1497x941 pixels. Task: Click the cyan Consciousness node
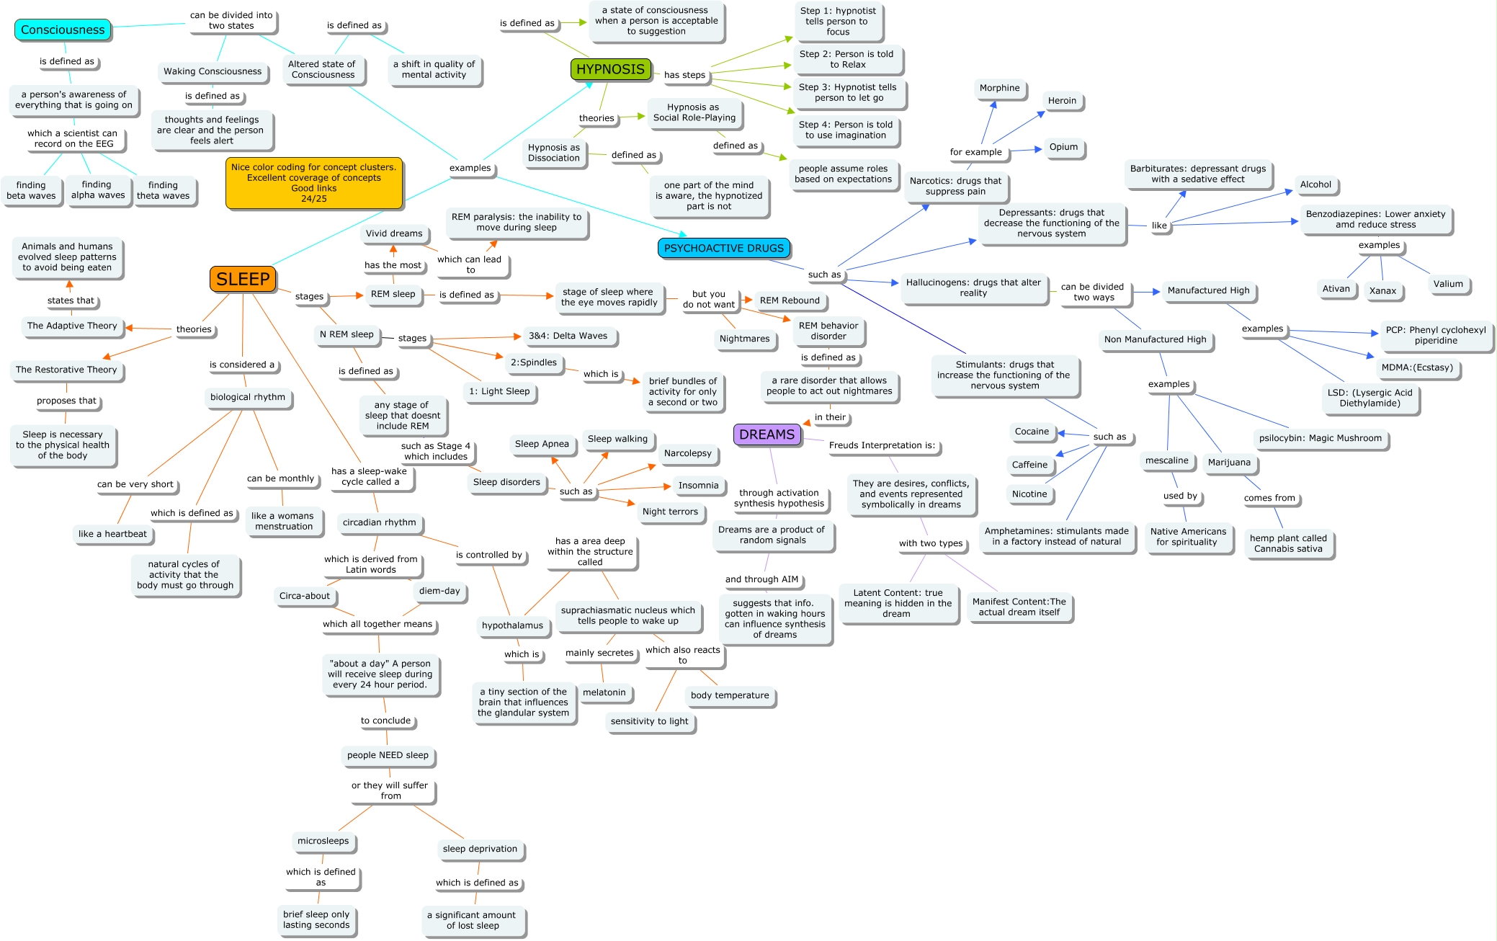tap(63, 30)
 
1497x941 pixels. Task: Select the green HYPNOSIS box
tap(610, 69)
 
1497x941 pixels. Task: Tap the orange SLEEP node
tap(243, 279)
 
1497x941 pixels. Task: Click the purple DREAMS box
tap(767, 434)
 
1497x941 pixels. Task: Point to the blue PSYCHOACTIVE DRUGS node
tap(723, 248)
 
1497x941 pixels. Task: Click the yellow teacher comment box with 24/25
tap(313, 183)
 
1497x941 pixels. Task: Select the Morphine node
tap(999, 88)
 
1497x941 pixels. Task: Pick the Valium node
tap(1447, 284)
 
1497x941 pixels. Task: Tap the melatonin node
tap(604, 692)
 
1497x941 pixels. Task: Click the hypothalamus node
tap(512, 625)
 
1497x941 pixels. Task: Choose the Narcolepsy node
tap(687, 453)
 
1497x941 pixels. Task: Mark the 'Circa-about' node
tap(304, 596)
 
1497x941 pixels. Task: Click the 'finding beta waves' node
tap(31, 190)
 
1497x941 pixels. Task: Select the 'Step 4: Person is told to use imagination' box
tap(845, 130)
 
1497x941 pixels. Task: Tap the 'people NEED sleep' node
tap(388, 755)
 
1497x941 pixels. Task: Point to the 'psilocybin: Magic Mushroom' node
tap(1320, 438)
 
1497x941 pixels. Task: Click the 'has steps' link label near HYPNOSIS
tap(684, 75)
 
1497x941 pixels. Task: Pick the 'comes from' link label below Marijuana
tap(1269, 498)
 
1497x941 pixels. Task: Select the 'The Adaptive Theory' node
tap(72, 326)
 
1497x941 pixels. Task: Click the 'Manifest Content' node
tap(1019, 607)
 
